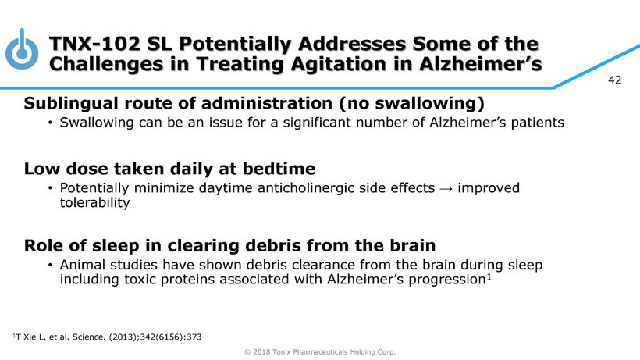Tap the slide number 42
click(615, 80)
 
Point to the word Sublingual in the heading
click(71, 103)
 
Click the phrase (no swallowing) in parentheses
click(411, 103)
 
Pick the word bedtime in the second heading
click(279, 169)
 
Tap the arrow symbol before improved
click(446, 188)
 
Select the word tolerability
click(94, 203)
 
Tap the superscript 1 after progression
click(489, 277)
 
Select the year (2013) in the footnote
click(123, 337)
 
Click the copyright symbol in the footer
click(247, 352)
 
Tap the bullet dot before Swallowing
click(50, 123)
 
